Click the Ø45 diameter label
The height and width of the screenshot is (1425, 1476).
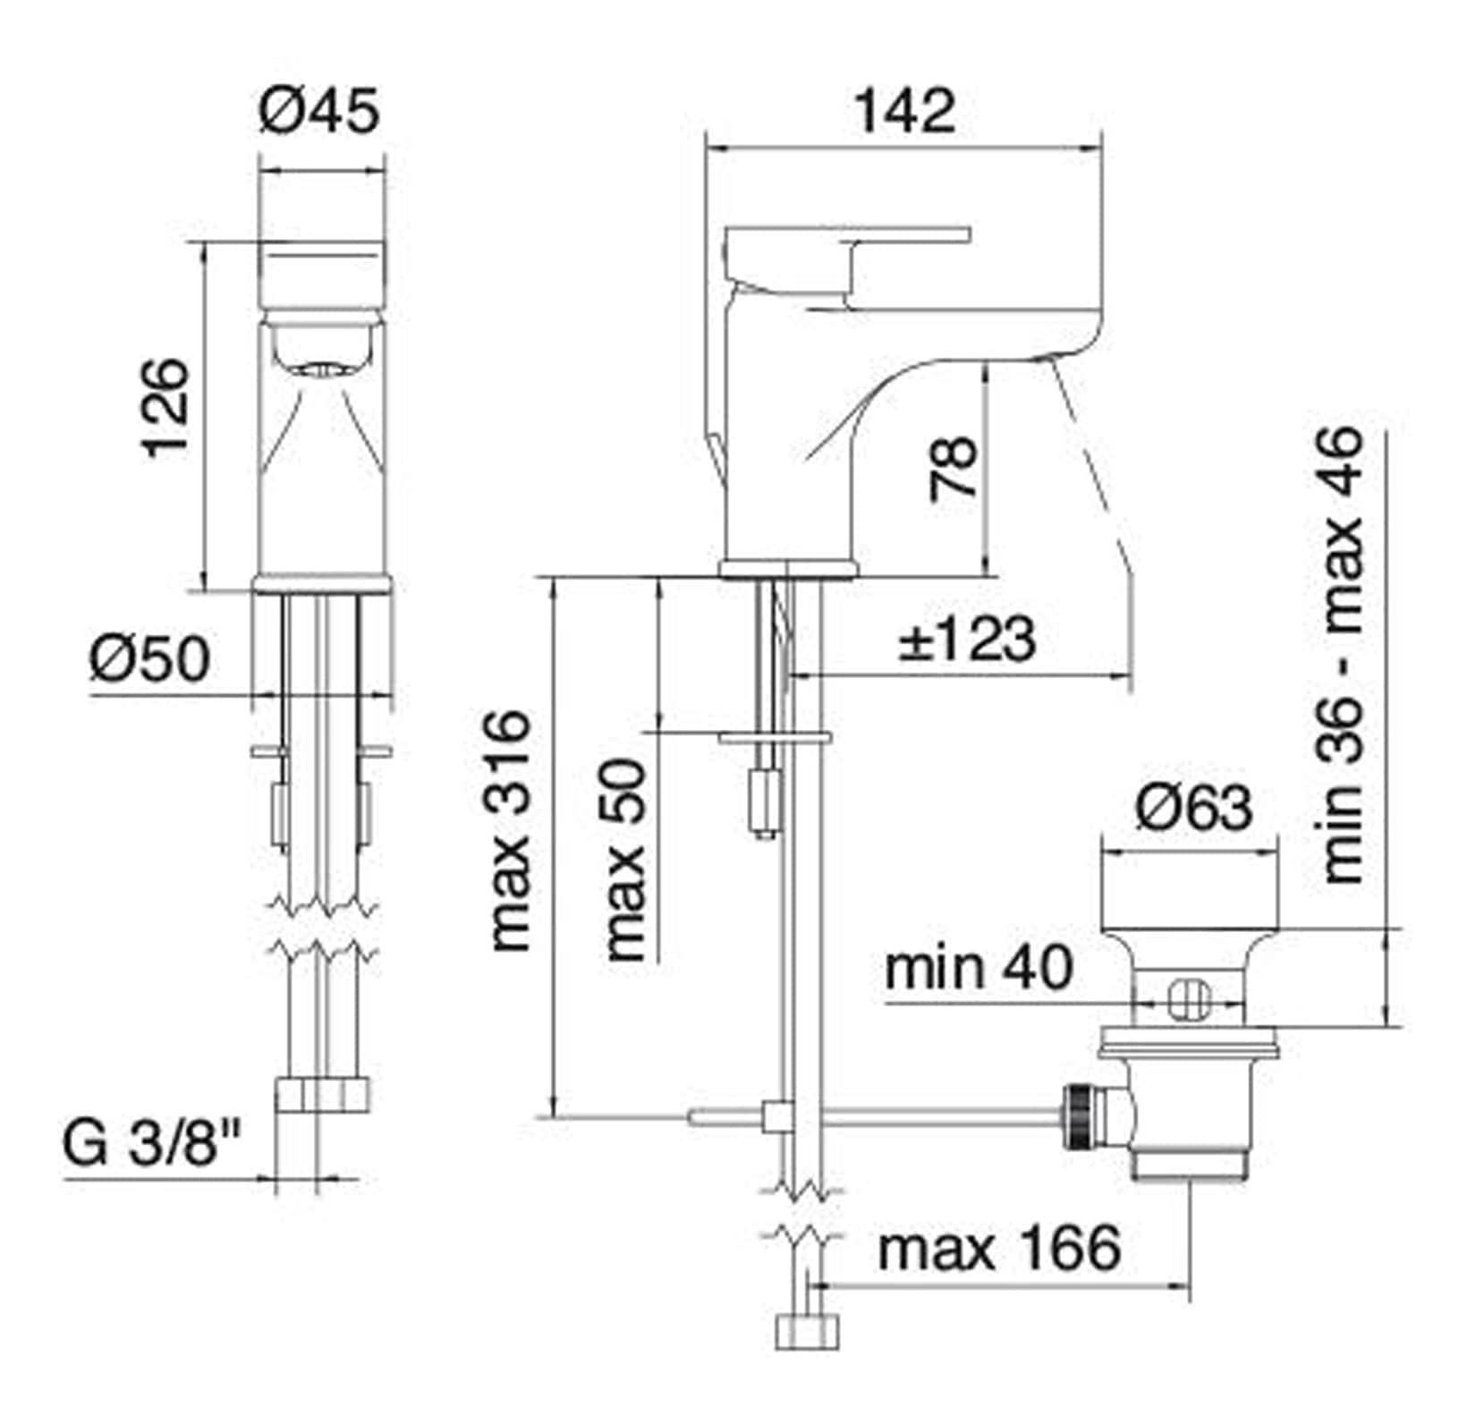(319, 111)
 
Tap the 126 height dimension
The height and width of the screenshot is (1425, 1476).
(167, 408)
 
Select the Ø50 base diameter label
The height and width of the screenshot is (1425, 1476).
(149, 658)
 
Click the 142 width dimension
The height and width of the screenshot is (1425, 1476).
(904, 111)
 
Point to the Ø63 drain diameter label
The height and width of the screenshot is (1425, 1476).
(1193, 807)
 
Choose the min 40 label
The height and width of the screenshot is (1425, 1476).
(979, 968)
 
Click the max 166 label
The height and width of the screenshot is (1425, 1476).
(998, 1248)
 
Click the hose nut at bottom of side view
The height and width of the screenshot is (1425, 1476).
(808, 1331)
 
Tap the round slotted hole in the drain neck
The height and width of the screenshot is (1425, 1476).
(1189, 1000)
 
